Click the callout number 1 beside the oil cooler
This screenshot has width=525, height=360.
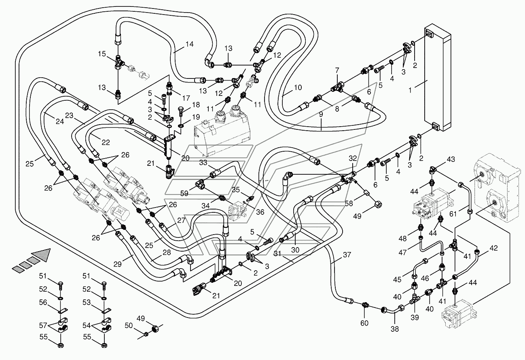point(410,90)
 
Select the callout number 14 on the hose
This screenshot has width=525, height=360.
point(190,44)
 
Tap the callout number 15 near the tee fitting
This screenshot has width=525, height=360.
point(102,54)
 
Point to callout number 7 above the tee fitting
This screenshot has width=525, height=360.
point(337,70)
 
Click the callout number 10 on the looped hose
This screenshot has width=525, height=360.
point(298,87)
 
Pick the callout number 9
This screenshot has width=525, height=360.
point(321,114)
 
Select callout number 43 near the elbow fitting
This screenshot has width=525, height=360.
point(451,159)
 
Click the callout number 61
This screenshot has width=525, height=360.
point(453,214)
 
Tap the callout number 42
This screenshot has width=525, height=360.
point(493,248)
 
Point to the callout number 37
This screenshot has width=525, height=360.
point(347,255)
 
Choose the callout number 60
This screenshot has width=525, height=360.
point(364,323)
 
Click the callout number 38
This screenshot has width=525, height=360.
point(395,329)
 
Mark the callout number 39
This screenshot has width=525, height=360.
point(415,318)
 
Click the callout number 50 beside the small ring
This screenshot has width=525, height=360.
point(129,326)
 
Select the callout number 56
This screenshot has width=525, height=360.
point(43,302)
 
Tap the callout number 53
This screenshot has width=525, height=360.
point(87,302)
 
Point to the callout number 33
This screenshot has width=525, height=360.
point(203,163)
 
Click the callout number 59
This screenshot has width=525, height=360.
point(184,193)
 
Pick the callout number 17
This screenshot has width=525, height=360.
point(186,98)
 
